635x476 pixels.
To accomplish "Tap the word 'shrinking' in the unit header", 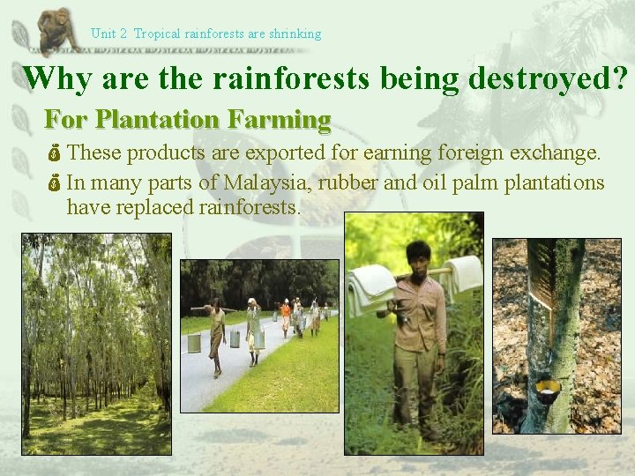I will point(295,34).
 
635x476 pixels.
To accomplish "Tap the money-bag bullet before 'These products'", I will point(54,154).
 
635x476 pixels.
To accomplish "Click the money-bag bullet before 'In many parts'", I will point(54,184).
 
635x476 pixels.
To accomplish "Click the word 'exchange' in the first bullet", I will point(553,153).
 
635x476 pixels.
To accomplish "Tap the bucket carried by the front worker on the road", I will point(194,343).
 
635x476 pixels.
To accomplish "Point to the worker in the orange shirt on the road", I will point(285,313).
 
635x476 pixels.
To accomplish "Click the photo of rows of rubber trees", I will point(96,344).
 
